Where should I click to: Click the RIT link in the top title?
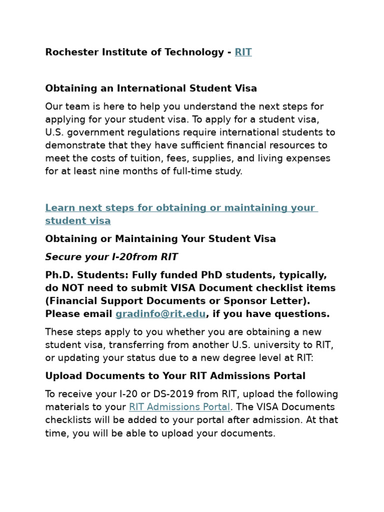pos(243,52)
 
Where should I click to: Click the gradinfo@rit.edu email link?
pos(160,314)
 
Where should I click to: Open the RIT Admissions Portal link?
pos(179,407)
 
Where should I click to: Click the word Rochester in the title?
pos(68,52)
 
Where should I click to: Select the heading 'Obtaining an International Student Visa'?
pos(151,88)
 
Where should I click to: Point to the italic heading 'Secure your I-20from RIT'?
pos(111,257)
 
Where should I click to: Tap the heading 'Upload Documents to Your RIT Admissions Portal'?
pos(175,375)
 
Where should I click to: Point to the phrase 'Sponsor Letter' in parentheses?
pos(275,301)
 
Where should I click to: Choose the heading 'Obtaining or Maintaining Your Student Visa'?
pos(160,239)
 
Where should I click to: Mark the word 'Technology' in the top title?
pos(193,52)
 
